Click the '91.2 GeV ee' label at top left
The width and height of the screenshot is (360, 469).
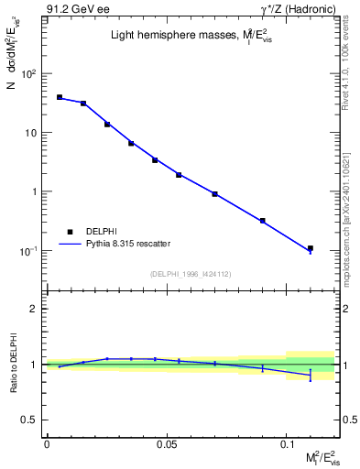click(73, 9)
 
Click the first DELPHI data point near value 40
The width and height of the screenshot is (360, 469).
click(60, 97)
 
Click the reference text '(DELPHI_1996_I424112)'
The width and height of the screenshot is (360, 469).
click(191, 272)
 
